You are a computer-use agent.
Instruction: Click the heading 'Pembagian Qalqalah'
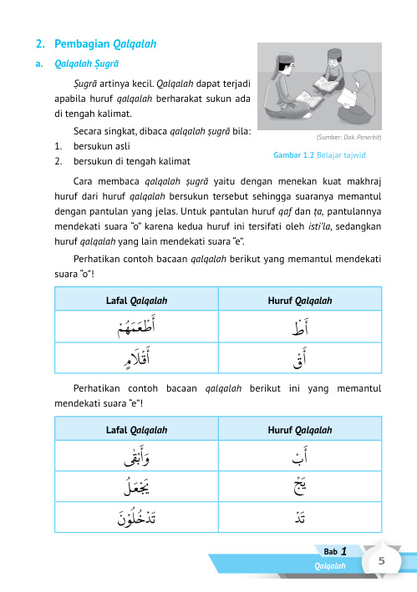(104, 43)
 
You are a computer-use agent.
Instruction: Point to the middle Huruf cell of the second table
(299, 488)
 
